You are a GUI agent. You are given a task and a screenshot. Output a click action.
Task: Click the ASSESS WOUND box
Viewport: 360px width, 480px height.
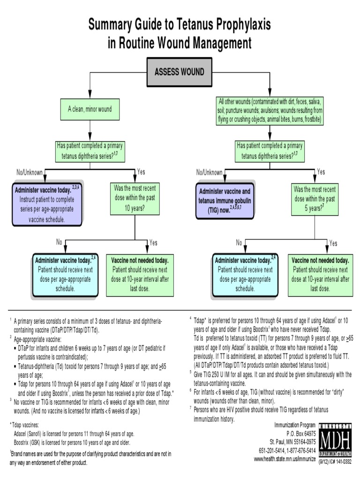click(180, 72)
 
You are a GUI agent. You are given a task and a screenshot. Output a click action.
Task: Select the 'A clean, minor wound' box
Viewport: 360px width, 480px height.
click(90, 109)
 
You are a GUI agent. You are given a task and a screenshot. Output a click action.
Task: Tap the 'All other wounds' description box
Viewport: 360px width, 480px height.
click(270, 110)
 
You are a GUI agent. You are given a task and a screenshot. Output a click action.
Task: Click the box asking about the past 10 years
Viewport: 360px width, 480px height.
click(135, 198)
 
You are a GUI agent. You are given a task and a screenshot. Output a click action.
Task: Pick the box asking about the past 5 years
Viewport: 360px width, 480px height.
click(315, 199)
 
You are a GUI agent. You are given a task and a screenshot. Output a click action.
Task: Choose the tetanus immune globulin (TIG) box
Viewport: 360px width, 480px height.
click(225, 201)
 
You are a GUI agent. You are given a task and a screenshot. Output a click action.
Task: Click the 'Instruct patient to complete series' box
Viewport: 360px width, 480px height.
click(47, 204)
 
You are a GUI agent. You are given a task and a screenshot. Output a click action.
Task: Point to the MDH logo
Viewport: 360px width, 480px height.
click(335, 440)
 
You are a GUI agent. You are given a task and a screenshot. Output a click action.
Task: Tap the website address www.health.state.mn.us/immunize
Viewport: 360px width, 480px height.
click(285, 459)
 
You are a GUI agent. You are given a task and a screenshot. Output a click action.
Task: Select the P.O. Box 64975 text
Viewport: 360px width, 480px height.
click(301, 434)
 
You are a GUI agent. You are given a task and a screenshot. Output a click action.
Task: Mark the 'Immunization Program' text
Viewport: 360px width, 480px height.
click(295, 425)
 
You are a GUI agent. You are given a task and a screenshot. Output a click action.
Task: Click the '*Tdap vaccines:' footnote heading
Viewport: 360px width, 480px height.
click(24, 425)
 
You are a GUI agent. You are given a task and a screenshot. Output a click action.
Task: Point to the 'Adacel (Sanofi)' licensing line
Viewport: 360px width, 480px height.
click(74, 434)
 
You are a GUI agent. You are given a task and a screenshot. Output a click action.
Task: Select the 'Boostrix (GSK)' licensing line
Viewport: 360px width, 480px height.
click(72, 442)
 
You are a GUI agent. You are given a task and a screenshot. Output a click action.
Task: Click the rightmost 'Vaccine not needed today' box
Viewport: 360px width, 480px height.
click(321, 276)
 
